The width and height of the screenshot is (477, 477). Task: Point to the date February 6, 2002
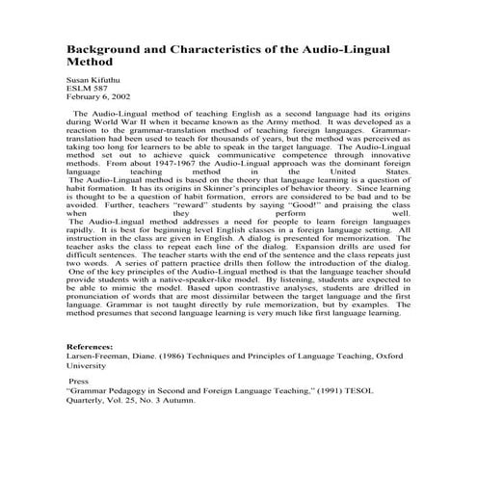click(x=95, y=96)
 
